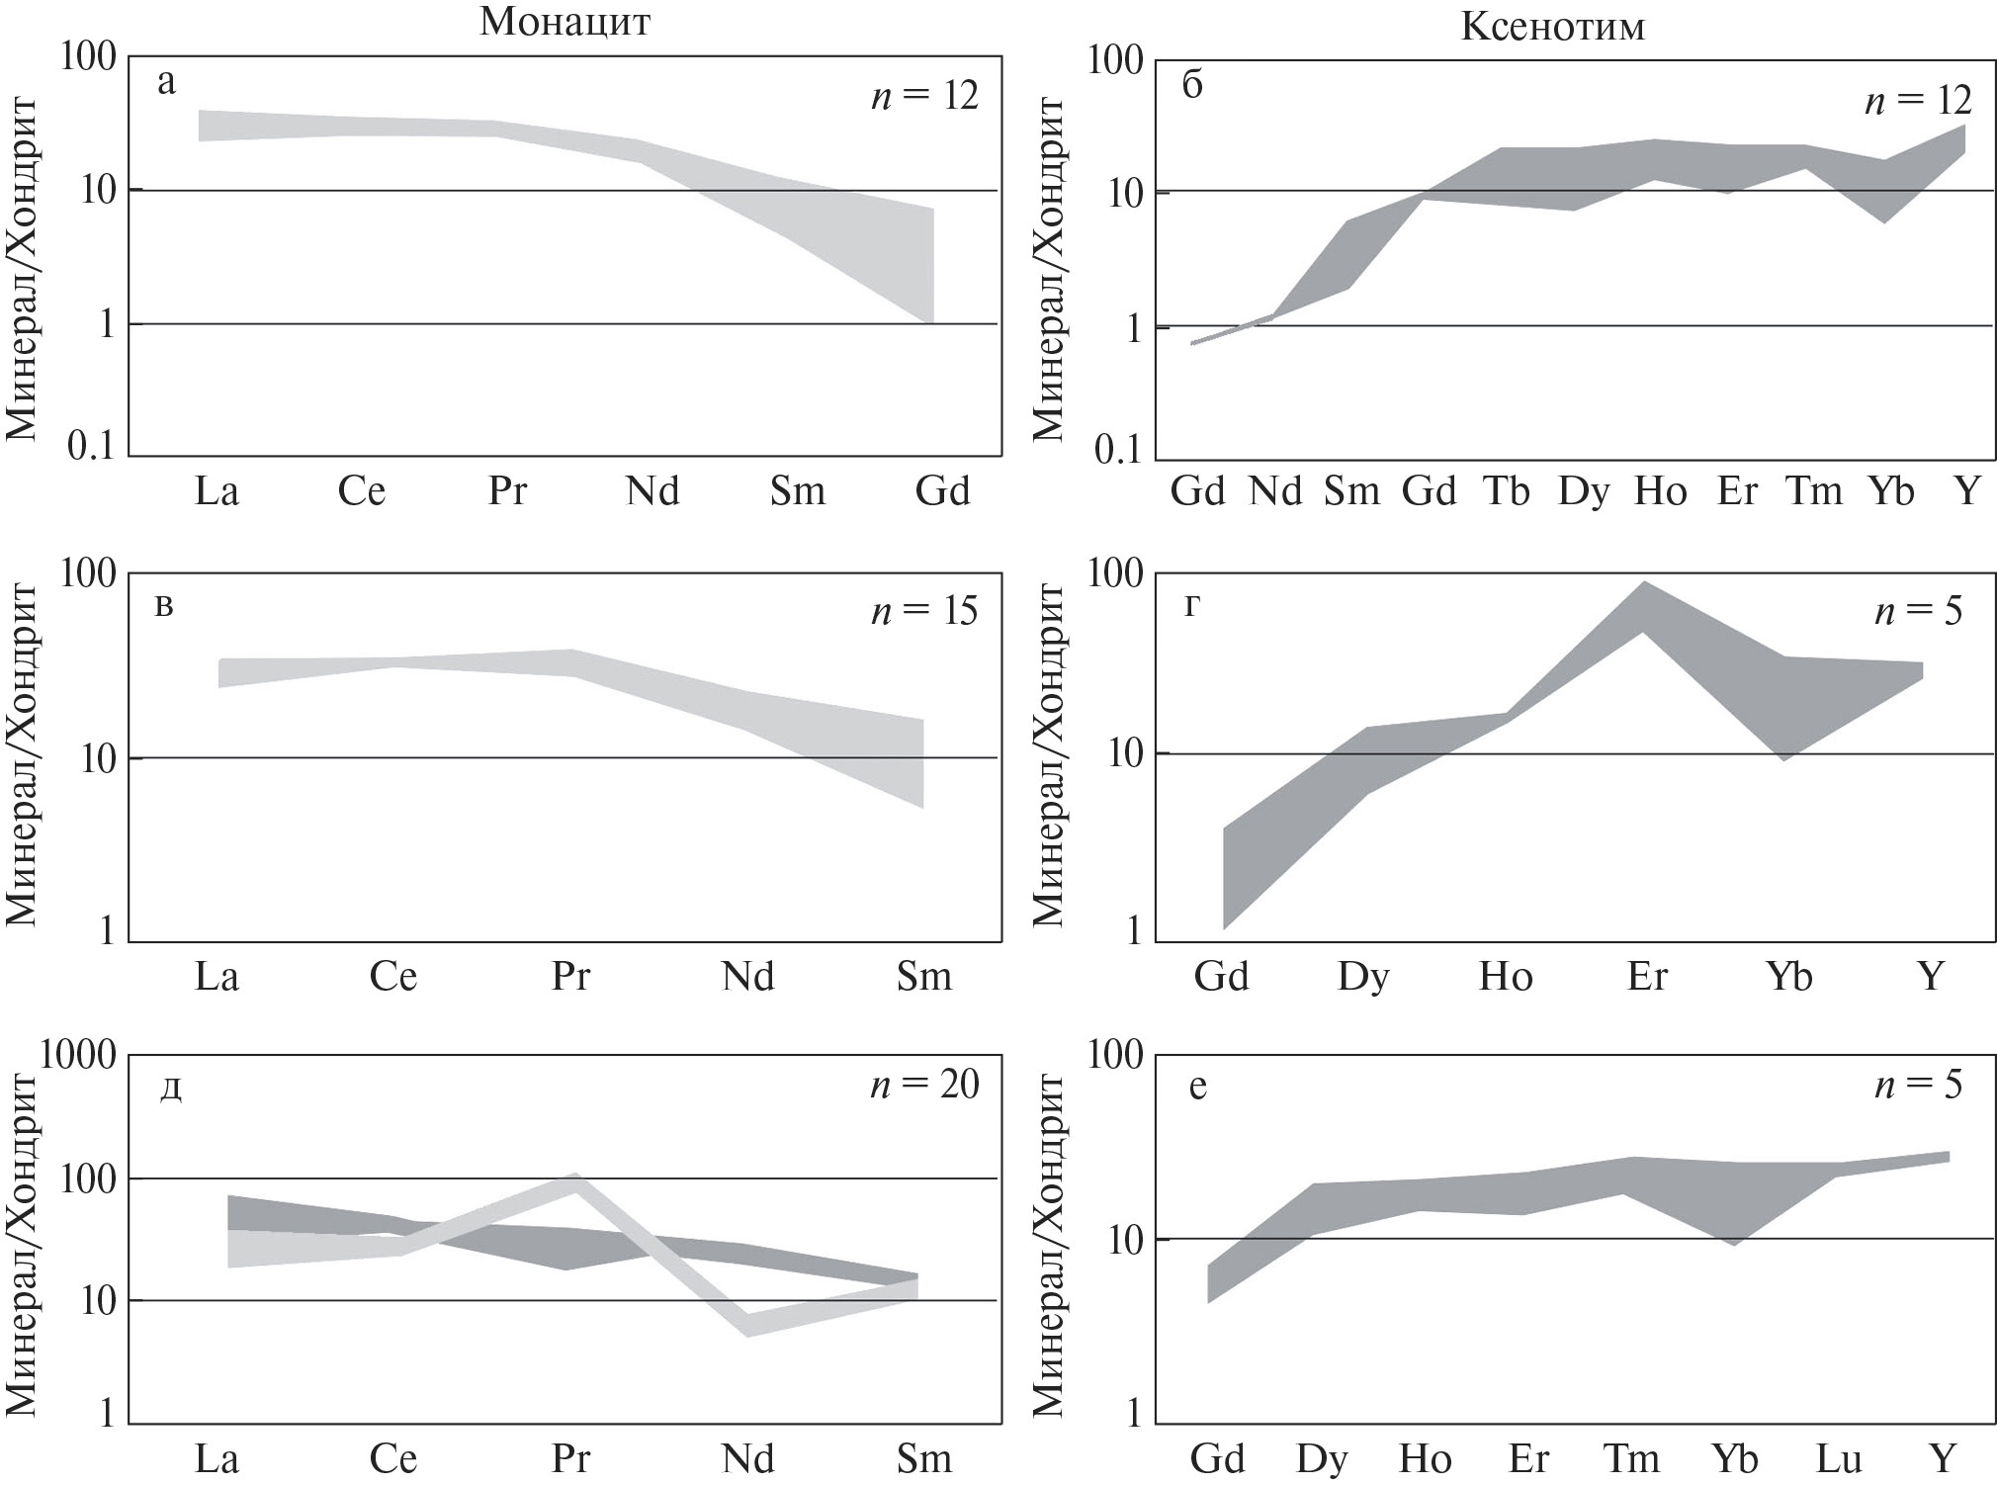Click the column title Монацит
564,22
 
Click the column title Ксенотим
1552,26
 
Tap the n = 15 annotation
924,611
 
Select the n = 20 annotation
924,1085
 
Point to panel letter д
170,1089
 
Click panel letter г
1192,605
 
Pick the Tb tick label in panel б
1506,490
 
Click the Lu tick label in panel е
1839,1458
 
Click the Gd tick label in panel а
942,490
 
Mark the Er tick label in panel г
1647,977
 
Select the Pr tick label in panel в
570,977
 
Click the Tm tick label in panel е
1630,1458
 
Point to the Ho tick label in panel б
1660,490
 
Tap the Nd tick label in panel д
747,1458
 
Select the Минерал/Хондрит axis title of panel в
22,756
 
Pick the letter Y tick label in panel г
1931,977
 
